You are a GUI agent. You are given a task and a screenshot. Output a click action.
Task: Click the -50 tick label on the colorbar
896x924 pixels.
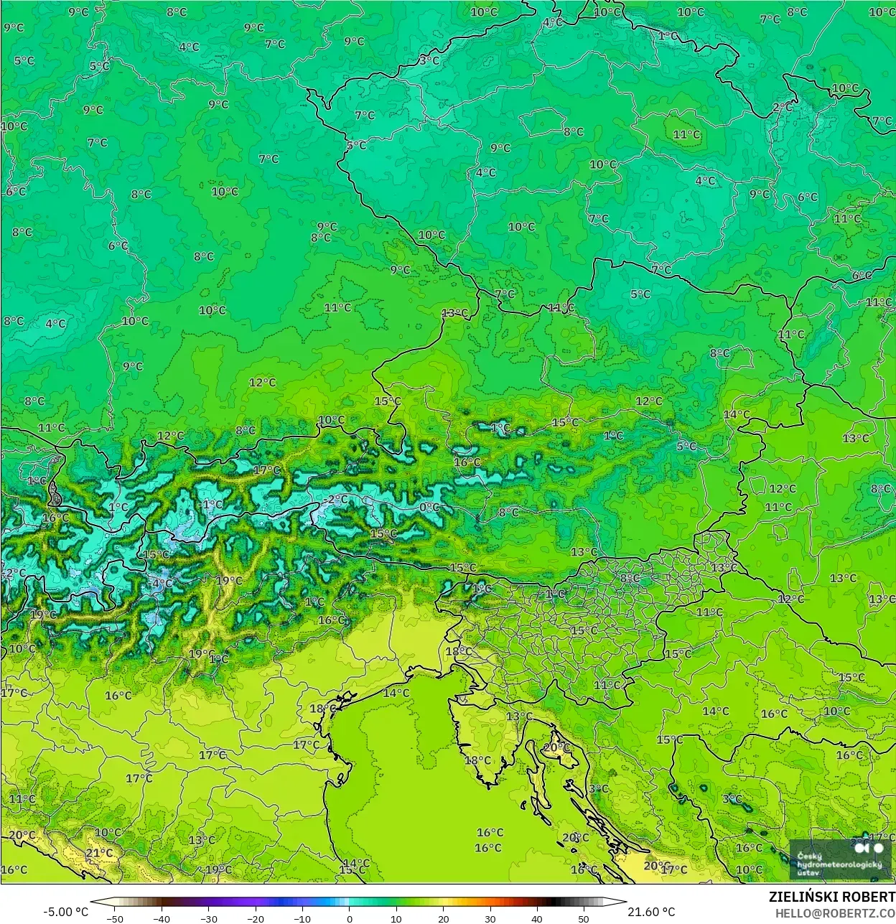(114, 918)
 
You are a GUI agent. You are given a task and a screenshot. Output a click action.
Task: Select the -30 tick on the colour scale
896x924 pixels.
(208, 918)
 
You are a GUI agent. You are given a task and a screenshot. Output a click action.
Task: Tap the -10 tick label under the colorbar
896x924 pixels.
(302, 918)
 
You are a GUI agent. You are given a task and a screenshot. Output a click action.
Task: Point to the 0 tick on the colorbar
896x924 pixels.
(350, 918)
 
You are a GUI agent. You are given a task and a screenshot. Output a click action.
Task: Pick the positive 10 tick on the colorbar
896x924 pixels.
(396, 918)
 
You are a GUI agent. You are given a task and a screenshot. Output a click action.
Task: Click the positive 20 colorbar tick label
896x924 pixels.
(444, 918)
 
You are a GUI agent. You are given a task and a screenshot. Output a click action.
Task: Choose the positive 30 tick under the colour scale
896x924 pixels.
(490, 918)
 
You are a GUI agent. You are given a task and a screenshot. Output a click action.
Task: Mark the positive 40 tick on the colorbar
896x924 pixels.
(537, 918)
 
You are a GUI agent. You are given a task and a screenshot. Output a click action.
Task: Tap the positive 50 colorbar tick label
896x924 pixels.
(584, 918)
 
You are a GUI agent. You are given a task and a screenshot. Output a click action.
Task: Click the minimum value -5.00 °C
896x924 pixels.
(66, 912)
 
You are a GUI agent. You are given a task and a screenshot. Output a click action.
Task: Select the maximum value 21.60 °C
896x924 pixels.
(651, 912)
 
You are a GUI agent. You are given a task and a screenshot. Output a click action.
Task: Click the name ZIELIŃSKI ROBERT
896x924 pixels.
(832, 897)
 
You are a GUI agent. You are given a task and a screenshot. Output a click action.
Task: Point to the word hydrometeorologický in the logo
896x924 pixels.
(839, 864)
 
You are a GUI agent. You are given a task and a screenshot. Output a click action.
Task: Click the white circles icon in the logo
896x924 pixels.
(870, 848)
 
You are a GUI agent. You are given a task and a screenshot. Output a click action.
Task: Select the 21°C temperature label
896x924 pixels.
(99, 853)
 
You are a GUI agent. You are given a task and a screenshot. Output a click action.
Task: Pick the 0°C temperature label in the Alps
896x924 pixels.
(429, 507)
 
